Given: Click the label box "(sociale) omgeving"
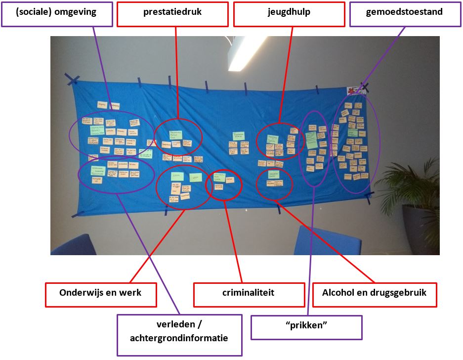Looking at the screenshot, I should pos(56,13).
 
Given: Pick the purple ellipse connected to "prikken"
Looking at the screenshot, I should pos(314,148).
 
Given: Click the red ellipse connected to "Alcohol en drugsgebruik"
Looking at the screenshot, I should pos(274,183).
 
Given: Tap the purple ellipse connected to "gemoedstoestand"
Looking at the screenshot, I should pos(356,143).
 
